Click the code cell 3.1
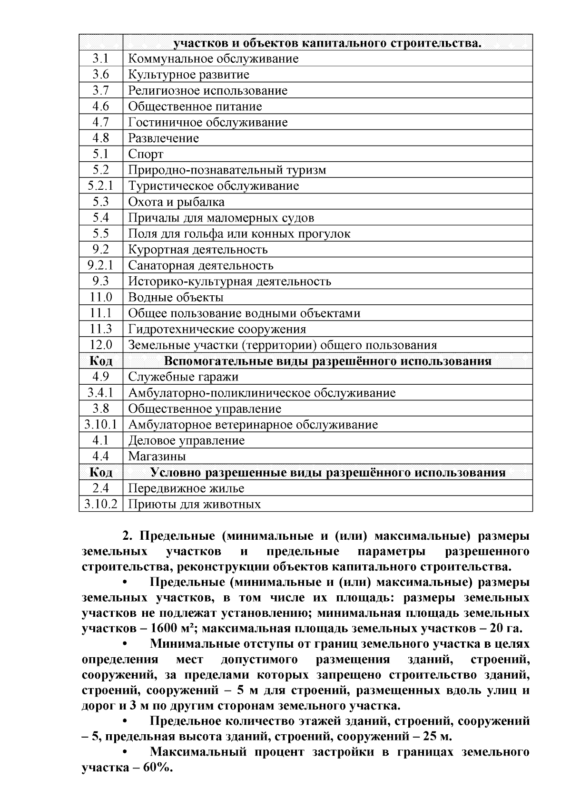100,59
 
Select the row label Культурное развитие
188,75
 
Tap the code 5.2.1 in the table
100,186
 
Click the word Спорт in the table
146,154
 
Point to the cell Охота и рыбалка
176,202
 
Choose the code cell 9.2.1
100,265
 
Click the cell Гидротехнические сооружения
217,329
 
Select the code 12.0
100,345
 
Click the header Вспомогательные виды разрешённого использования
327,361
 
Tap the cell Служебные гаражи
183,377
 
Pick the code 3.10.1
100,425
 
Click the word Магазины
157,457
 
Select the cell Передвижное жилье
186,488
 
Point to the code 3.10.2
100,504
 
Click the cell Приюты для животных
194,504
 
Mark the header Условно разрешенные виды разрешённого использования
327,473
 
